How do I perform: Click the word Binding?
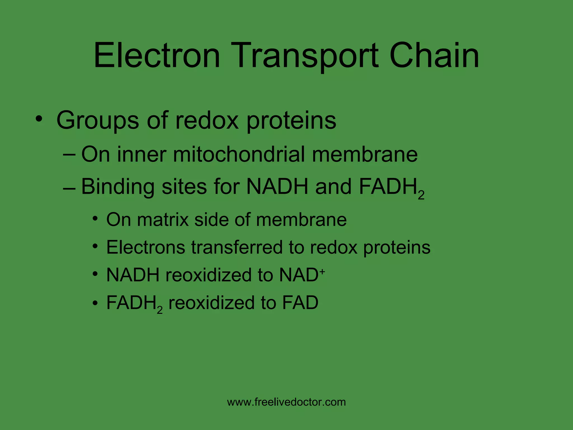coord(118,187)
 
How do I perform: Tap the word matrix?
coord(163,219)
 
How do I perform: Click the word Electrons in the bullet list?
coord(145,247)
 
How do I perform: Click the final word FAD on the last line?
coord(300,303)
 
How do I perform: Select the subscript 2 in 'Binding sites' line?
coord(421,195)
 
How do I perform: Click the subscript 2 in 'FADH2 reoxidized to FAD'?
coord(160,310)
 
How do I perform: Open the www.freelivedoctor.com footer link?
coord(286,402)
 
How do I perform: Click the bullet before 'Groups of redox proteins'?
coord(39,119)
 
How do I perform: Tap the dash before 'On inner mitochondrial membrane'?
coord(69,155)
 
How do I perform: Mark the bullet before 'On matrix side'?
coord(95,218)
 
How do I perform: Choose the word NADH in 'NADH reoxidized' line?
coord(133,275)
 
